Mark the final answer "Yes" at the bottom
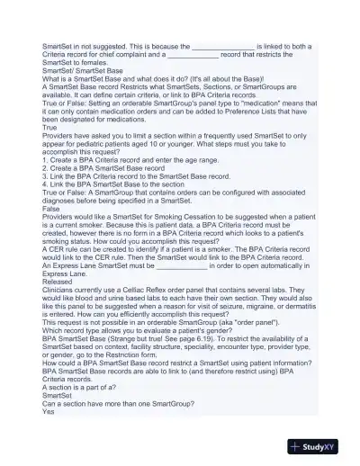coord(49,413)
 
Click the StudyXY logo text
coord(328,446)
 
